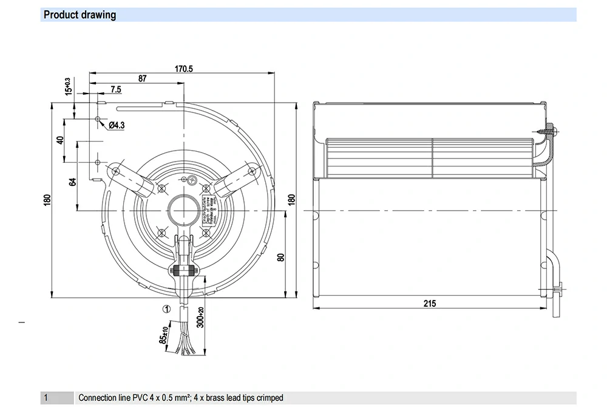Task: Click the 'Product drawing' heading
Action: (80, 15)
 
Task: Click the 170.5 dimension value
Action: (184, 69)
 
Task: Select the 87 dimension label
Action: (142, 78)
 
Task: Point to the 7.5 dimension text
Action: (116, 89)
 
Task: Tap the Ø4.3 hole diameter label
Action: (117, 126)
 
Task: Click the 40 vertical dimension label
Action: (60, 140)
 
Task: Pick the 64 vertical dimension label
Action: (73, 182)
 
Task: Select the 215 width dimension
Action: (429, 303)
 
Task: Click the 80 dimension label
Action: (281, 256)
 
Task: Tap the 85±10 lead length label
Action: (163, 336)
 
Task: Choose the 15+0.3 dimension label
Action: (68, 86)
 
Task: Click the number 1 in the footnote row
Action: (46, 398)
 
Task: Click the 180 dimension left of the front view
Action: (47, 199)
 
